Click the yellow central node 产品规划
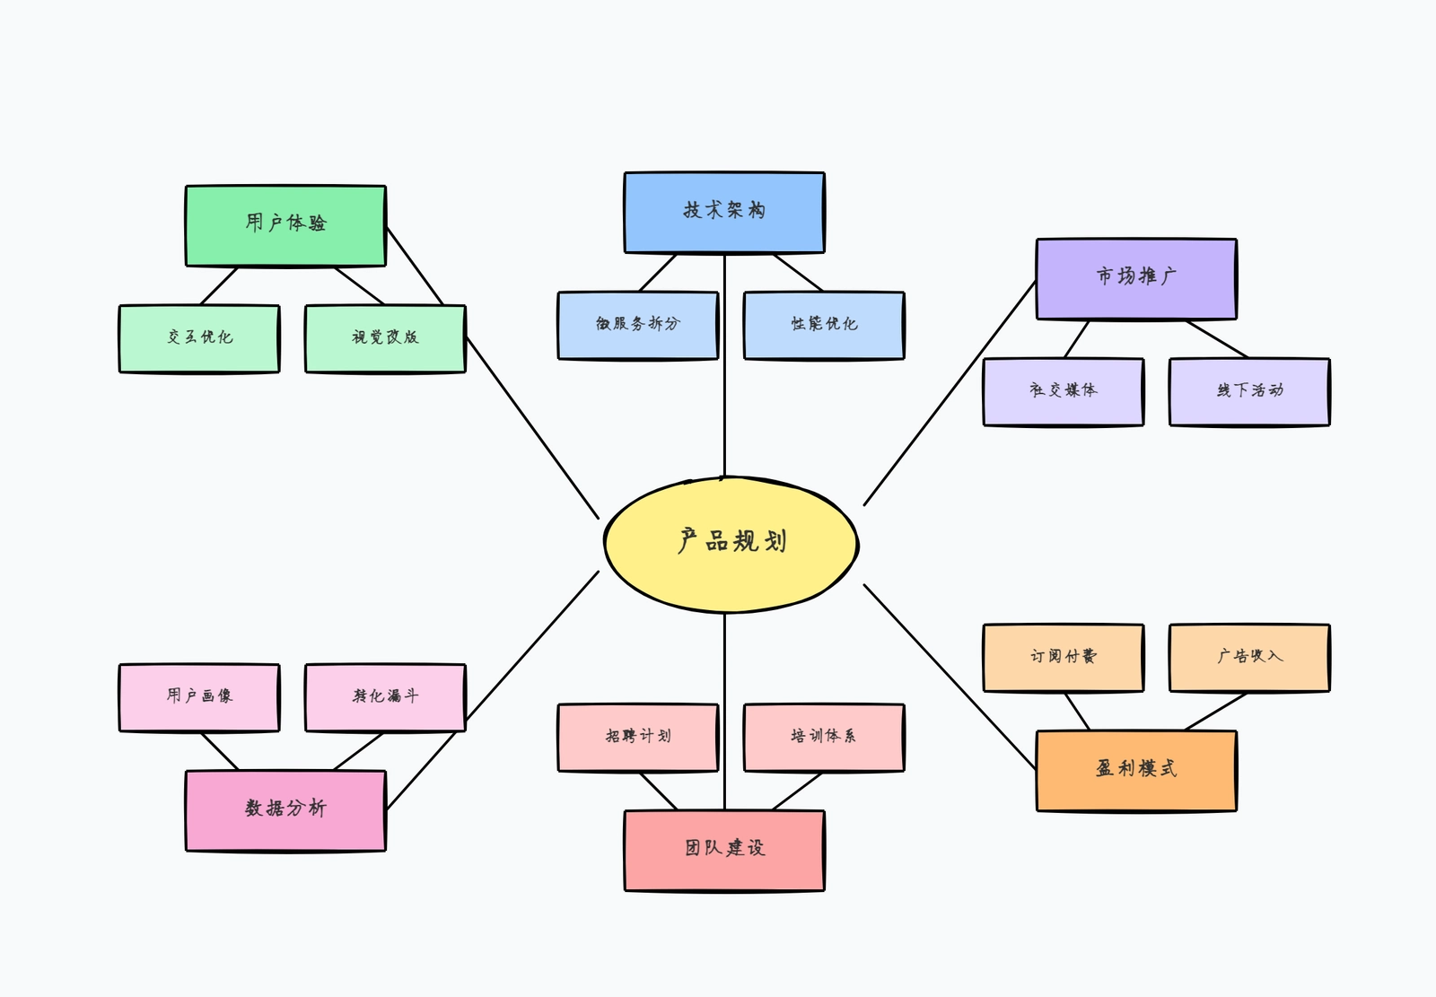731,544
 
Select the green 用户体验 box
285,225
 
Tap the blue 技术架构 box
724,213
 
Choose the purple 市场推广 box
1136,278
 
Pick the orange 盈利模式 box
1136,771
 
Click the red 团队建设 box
724,850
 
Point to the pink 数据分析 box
285,810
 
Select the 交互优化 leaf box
199,338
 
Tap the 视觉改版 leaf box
385,338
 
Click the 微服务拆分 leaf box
638,325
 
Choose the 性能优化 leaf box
824,325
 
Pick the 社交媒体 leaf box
1064,391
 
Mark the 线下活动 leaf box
1249,391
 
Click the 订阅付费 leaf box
1064,658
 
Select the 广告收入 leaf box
1249,658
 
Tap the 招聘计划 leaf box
638,738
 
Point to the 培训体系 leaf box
824,738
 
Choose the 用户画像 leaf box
199,697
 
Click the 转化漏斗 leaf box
385,697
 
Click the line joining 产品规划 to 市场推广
950,393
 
